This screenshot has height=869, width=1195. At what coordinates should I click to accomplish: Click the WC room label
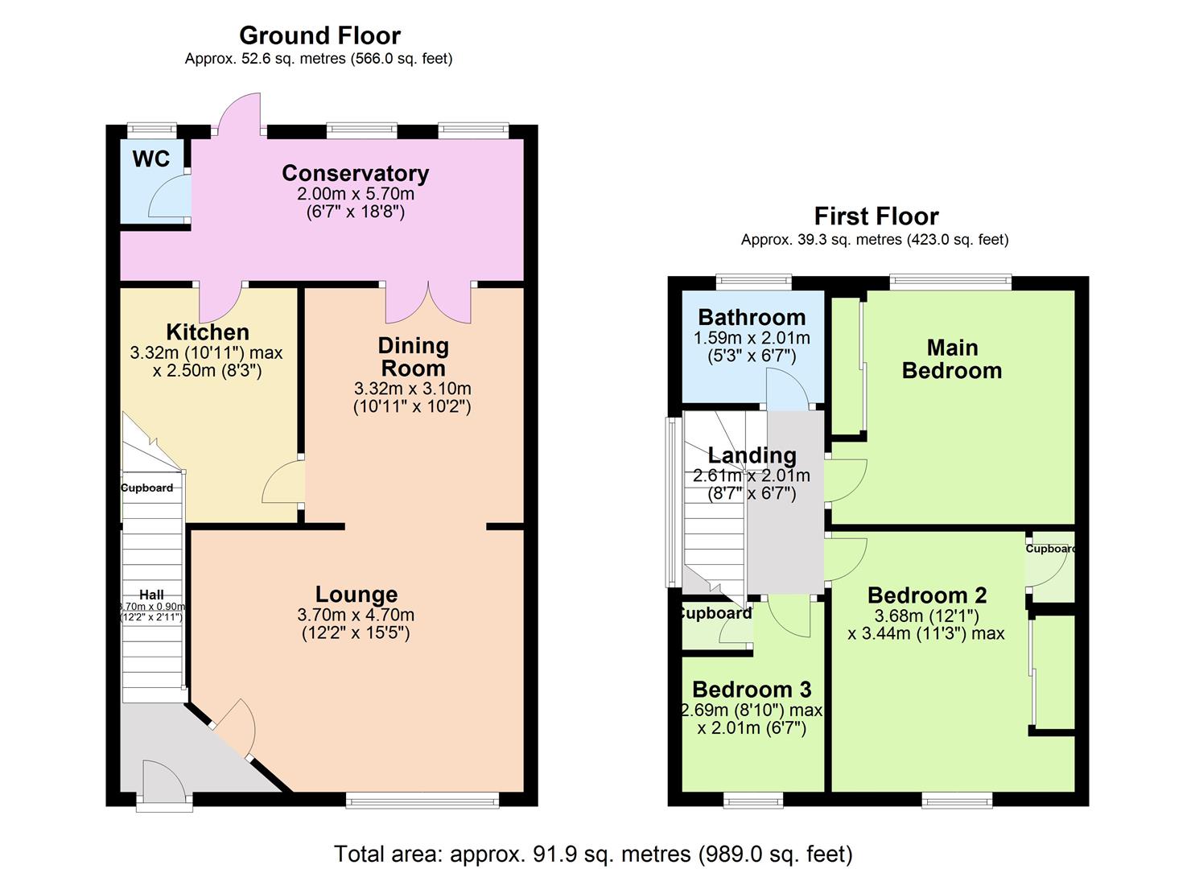(151, 159)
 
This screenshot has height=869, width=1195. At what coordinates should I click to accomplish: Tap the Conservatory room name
(355, 173)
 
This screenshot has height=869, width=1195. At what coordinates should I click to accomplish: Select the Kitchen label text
(208, 332)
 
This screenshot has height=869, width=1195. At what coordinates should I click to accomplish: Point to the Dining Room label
(413, 356)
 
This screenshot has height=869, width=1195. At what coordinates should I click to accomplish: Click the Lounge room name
(356, 594)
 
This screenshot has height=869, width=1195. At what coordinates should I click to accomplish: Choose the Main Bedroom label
(952, 359)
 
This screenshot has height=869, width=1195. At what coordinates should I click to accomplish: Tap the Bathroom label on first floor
(752, 317)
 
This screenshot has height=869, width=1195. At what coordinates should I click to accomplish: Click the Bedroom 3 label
(752, 690)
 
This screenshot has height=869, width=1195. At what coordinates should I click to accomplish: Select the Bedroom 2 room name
(926, 595)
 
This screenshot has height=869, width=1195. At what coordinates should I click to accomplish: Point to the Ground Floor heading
(319, 35)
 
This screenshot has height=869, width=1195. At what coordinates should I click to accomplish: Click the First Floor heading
(876, 216)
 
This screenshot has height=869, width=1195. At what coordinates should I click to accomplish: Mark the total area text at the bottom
(593, 853)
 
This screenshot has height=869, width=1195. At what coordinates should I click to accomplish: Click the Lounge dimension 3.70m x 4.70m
(356, 615)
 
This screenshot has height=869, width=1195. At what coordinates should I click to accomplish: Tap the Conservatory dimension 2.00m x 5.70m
(355, 194)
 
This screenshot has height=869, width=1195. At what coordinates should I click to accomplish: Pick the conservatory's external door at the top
(238, 115)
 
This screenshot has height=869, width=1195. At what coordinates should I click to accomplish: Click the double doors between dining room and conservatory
(428, 303)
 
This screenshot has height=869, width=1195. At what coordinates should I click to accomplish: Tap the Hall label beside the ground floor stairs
(151, 595)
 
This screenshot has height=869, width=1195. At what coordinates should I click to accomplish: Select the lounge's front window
(422, 799)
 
